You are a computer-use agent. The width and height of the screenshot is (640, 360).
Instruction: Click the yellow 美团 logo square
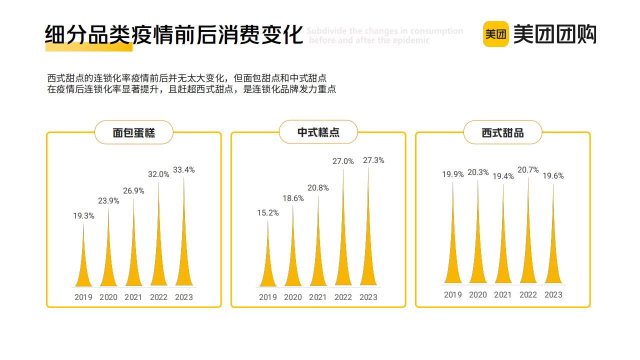[495, 34]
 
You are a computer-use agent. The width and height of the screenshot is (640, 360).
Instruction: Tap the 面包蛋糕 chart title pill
[133, 132]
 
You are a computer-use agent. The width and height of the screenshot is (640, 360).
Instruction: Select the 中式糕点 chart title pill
[318, 132]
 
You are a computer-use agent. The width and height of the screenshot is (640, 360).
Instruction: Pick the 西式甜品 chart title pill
[502, 132]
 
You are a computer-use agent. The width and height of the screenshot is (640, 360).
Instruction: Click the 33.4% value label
[183, 170]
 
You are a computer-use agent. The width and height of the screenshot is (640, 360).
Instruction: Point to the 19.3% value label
[83, 216]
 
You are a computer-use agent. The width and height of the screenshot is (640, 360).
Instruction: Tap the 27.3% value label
[373, 160]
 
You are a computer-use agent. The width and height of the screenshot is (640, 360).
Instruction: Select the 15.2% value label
[268, 213]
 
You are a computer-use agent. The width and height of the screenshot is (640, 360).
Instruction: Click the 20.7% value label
[528, 170]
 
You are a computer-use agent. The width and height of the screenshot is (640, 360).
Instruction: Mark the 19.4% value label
[503, 176]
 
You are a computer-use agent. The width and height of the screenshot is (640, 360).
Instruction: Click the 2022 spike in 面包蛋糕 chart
[158, 260]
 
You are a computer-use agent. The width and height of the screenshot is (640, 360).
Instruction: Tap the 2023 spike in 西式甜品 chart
[553, 260]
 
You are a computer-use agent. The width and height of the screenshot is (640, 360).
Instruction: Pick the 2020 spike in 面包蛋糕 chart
[108, 265]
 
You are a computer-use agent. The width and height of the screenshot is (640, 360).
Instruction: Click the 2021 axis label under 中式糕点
[318, 297]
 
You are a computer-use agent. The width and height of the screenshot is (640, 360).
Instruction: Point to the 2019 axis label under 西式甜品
[453, 295]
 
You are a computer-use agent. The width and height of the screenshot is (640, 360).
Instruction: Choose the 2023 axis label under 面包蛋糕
[183, 297]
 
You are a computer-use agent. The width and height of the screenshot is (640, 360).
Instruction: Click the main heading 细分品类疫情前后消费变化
[174, 35]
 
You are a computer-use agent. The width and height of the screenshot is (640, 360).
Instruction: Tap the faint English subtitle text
[384, 35]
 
